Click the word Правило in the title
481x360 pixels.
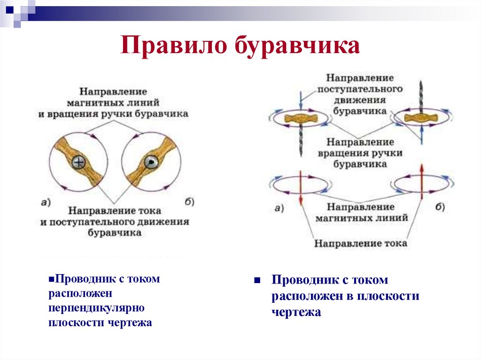point(171,47)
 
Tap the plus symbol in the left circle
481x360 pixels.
point(79,163)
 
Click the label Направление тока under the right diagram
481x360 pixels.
point(360,243)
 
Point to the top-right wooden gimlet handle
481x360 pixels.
point(419,117)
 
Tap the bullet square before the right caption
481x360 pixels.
point(257,280)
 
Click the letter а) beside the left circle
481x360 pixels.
point(46,202)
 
